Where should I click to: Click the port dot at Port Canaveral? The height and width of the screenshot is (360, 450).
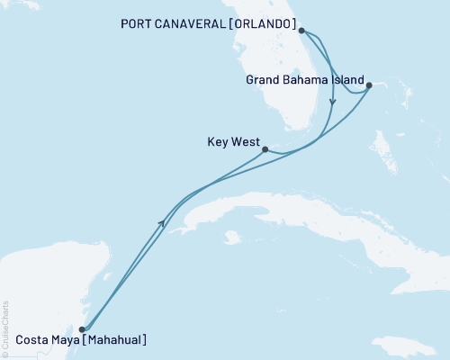tap(301, 31)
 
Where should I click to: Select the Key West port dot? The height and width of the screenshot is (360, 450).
tap(265, 150)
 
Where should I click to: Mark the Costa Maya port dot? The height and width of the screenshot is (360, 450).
tap(82, 329)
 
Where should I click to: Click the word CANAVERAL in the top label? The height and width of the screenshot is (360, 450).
tap(195, 23)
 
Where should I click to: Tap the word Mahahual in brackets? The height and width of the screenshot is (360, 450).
tap(112, 340)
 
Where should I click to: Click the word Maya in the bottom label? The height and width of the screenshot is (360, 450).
tap(65, 340)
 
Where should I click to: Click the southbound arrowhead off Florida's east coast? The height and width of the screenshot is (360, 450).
tap(332, 103)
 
